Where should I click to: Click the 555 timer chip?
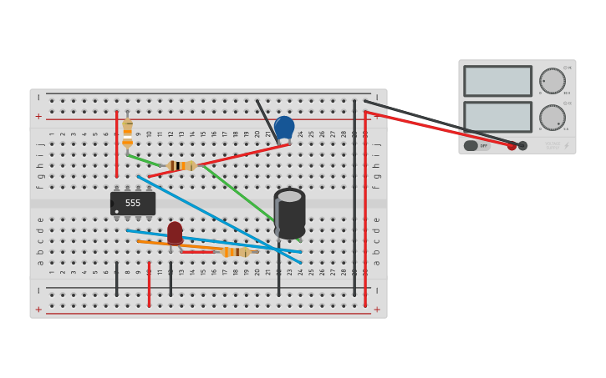point(133,203)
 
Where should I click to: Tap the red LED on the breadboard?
point(175,233)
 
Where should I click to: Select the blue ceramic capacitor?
point(284,128)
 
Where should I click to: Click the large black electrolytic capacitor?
point(289,214)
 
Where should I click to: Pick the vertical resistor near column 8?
point(127,132)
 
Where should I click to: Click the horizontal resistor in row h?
point(181,166)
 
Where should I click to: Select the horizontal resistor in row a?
point(237,252)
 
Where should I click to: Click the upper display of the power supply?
point(497,81)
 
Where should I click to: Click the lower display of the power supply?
point(497,117)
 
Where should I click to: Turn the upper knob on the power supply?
point(552,81)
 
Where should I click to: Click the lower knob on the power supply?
point(552,117)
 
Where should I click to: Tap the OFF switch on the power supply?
point(477,146)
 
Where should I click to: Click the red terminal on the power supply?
point(512,146)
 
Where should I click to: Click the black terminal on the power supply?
point(523,146)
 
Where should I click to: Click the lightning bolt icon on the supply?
point(566,146)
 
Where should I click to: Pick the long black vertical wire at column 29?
point(354,200)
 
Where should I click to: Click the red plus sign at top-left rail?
point(38,117)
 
